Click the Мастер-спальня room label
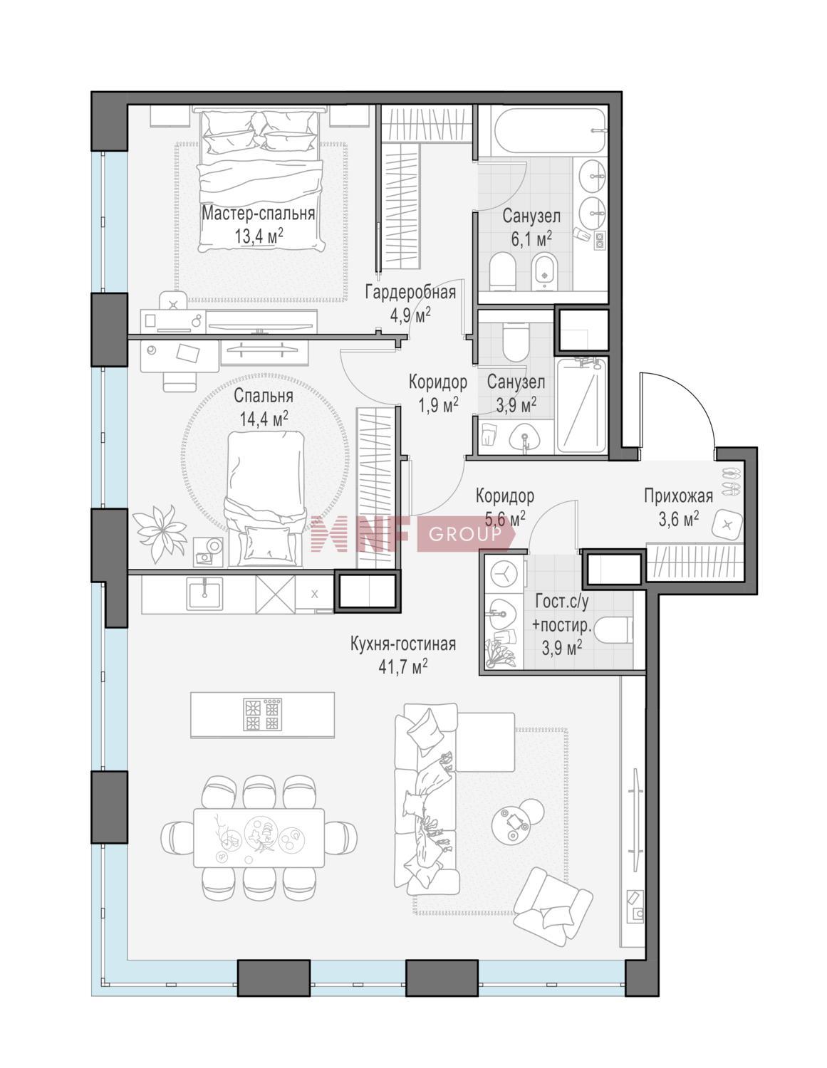click(258, 214)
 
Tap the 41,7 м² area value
click(402, 667)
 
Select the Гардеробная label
click(410, 293)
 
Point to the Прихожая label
click(679, 496)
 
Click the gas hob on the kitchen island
click(263, 714)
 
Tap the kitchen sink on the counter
click(204, 593)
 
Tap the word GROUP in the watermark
click(464, 534)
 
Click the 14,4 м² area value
click(264, 419)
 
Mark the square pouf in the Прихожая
click(727, 525)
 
